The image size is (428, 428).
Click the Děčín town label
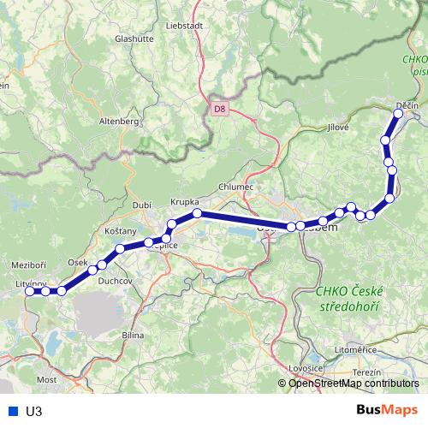click(407, 106)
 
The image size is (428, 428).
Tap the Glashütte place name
click(137, 39)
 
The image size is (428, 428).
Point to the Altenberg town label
click(118, 122)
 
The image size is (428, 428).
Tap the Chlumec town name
click(235, 187)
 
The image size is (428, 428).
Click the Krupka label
click(185, 201)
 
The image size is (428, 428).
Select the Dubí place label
click(141, 205)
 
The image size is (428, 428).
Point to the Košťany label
click(121, 231)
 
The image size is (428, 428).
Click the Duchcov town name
click(114, 280)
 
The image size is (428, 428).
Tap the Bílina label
click(133, 335)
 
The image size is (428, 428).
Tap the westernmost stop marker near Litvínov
click(30, 291)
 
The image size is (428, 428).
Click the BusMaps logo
click(388, 410)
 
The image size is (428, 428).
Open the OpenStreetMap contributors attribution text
click(354, 383)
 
